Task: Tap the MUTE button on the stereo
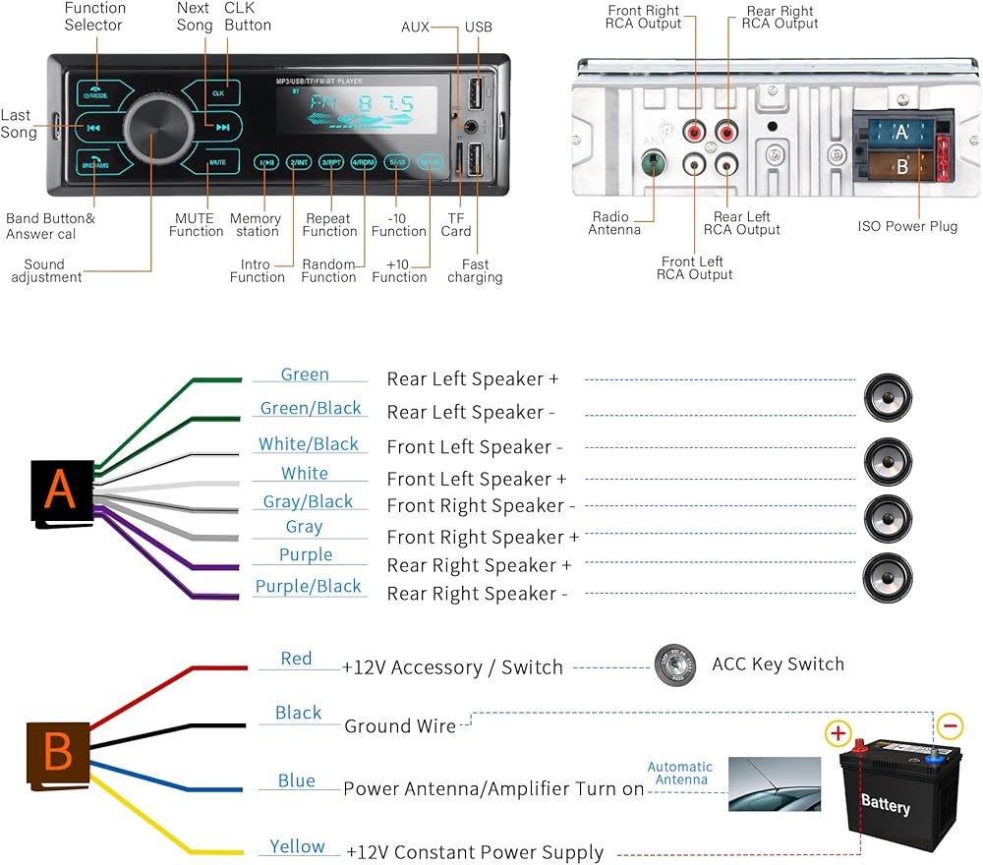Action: click(217, 161)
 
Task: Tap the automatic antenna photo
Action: click(775, 783)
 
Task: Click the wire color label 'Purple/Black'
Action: click(308, 587)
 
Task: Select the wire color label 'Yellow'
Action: click(297, 846)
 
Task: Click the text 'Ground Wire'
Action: click(400, 726)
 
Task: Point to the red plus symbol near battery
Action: click(838, 732)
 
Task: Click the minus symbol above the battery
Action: click(950, 726)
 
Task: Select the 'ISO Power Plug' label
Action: click(906, 227)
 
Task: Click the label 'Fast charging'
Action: click(475, 270)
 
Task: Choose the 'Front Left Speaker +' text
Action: click(477, 480)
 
